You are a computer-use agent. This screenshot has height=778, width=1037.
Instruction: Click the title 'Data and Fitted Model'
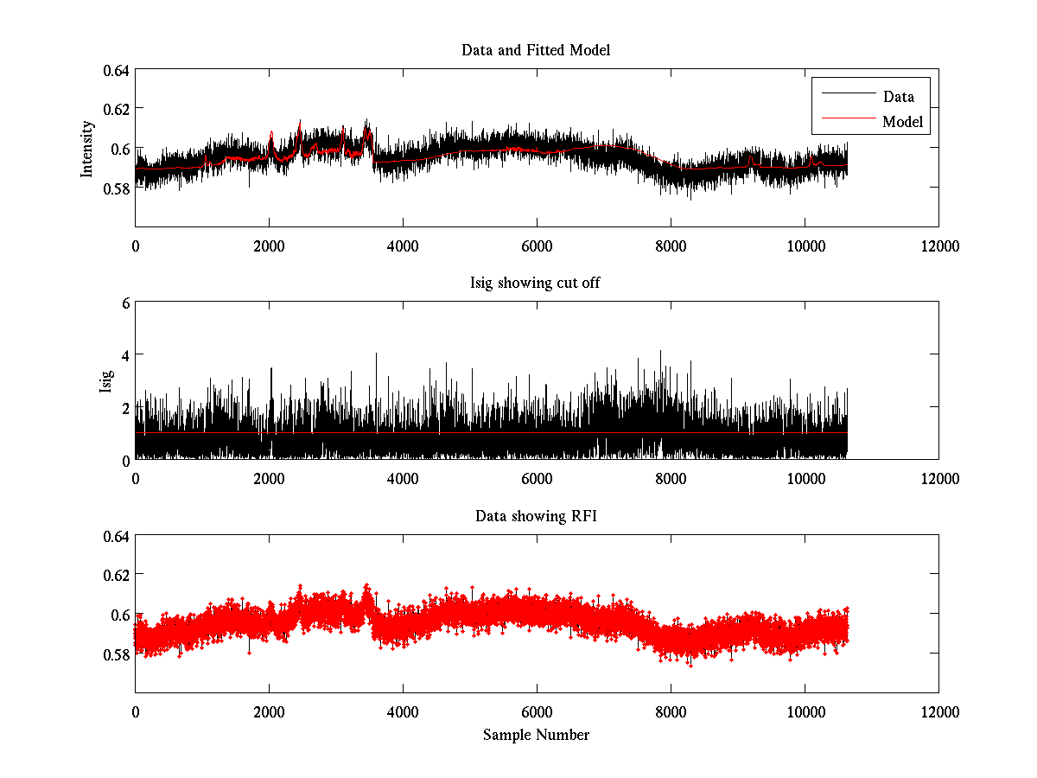[x=536, y=50]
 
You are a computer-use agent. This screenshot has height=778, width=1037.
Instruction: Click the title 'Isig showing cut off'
[x=536, y=284]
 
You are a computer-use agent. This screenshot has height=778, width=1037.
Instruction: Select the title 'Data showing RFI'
[x=536, y=516]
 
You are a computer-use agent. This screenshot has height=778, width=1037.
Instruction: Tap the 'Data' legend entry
[x=898, y=97]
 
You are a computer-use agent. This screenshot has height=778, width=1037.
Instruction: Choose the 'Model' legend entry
[x=902, y=122]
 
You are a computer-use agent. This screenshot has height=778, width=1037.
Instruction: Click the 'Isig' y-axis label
[x=105, y=381]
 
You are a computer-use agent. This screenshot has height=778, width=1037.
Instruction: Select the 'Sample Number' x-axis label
[x=536, y=735]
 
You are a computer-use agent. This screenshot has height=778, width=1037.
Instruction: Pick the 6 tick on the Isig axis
[x=124, y=303]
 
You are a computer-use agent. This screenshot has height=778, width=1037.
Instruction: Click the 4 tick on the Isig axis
[x=124, y=355]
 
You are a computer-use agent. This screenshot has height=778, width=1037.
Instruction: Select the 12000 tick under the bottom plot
[x=938, y=713]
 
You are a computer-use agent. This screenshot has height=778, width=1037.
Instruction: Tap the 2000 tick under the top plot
[x=269, y=246]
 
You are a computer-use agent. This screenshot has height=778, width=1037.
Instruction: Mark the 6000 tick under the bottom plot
[x=537, y=713]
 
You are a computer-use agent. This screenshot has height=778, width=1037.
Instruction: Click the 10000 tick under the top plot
[x=805, y=246]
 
